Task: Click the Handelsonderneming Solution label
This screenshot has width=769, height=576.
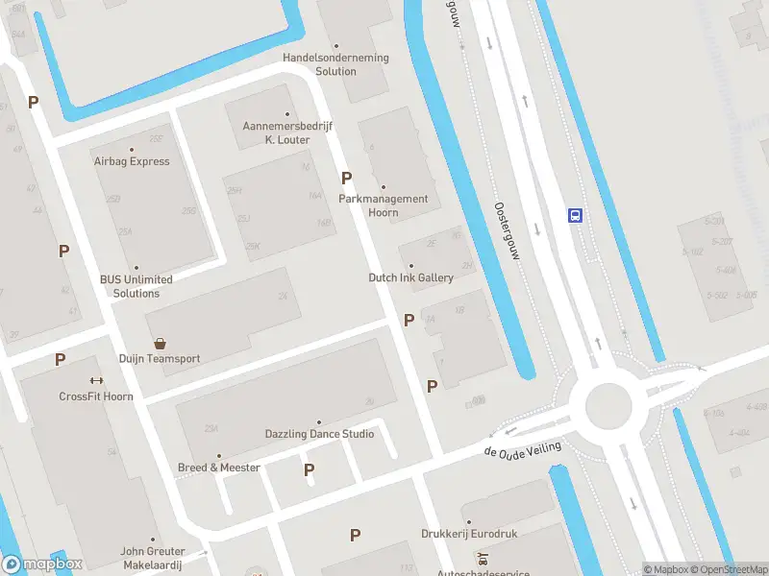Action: click(335, 64)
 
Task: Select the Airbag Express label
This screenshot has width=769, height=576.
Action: click(132, 161)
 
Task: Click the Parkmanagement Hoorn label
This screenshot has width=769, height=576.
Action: click(384, 205)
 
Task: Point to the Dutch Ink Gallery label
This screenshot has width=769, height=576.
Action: click(410, 277)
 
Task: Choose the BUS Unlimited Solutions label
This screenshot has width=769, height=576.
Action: click(136, 286)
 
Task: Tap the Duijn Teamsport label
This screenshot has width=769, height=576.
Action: click(160, 359)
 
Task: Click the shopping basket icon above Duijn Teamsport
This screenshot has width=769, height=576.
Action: click(160, 343)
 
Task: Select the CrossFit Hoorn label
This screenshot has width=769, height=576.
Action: click(96, 396)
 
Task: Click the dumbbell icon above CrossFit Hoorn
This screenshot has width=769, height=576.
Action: click(96, 380)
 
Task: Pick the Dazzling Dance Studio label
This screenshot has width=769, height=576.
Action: click(319, 434)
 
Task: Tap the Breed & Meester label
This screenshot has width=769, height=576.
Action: click(219, 468)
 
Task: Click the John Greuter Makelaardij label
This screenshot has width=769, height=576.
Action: click(152, 558)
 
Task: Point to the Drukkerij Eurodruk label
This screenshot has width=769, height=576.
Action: click(468, 534)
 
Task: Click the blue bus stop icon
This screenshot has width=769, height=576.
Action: click(575, 215)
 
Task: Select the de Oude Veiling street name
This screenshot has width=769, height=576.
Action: click(522, 449)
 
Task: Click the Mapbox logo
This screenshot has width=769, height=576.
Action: click(42, 564)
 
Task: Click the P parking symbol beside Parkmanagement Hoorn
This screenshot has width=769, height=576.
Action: click(346, 178)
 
